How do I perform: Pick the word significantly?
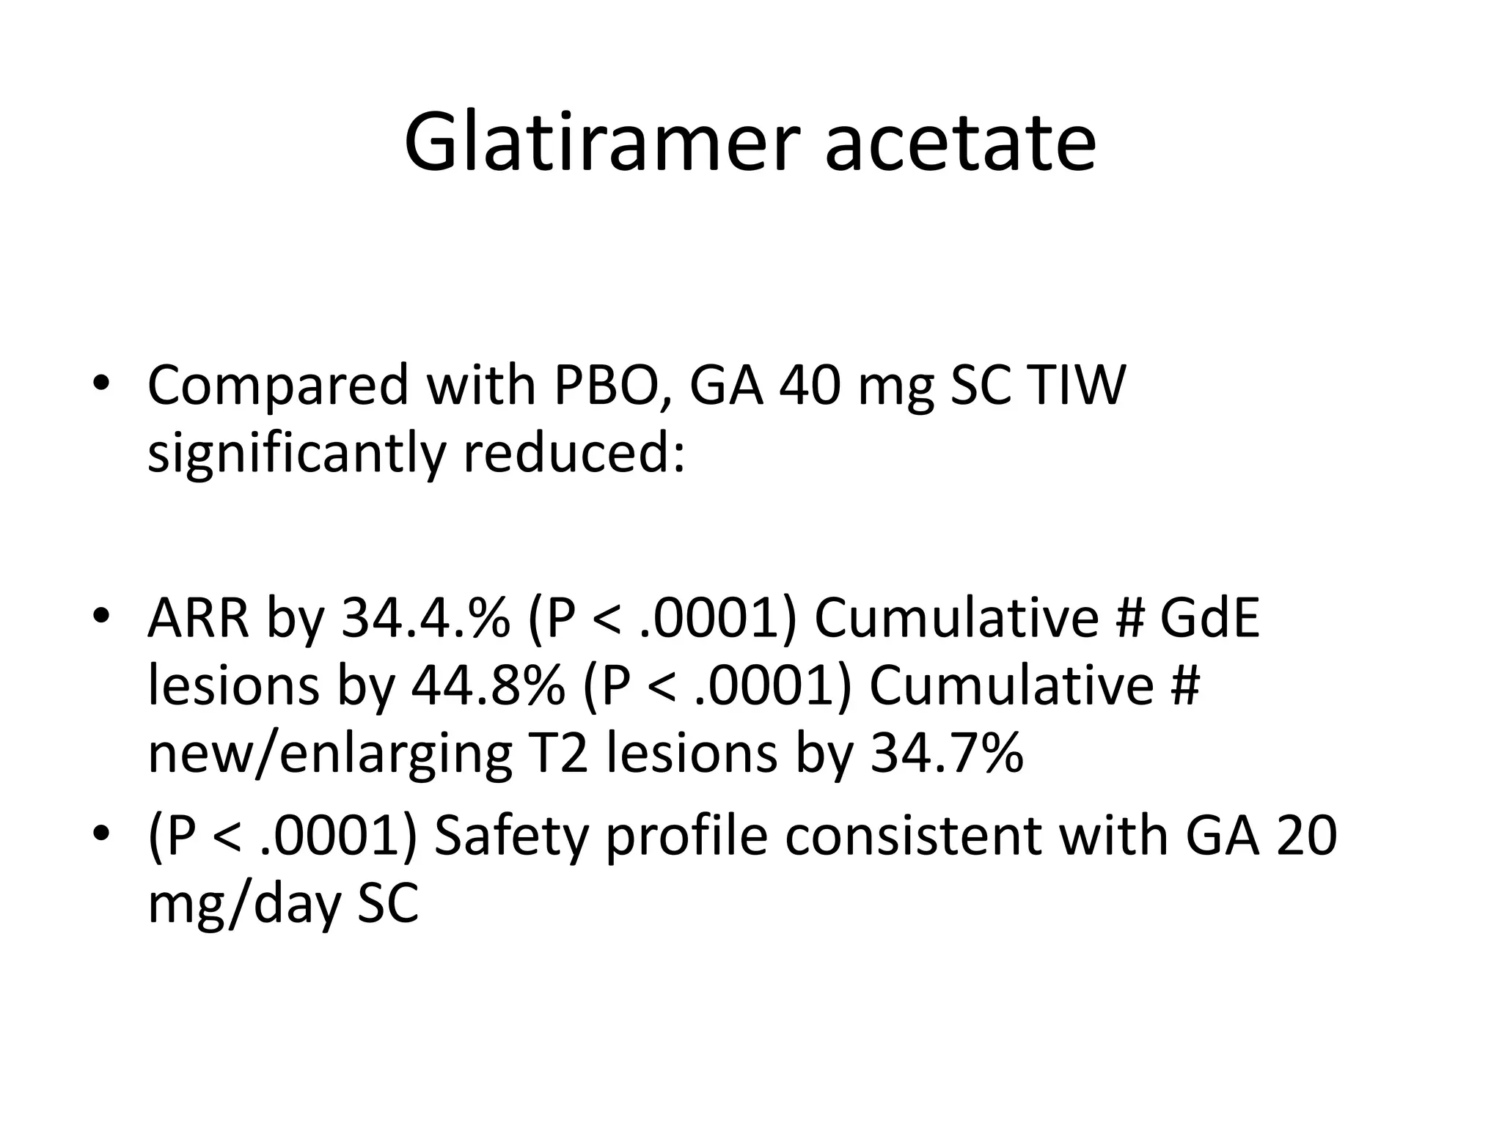click(296, 453)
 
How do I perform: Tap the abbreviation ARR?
click(199, 617)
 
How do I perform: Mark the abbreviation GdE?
click(1210, 617)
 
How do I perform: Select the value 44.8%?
click(488, 685)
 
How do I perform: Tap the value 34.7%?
click(947, 754)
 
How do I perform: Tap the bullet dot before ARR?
click(101, 617)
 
